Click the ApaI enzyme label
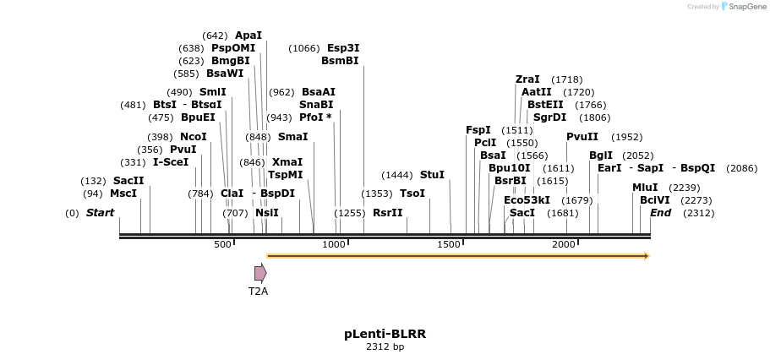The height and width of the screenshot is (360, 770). point(248,35)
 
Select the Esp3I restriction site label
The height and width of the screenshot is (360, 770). point(343,48)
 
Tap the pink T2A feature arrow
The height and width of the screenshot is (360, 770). point(260,273)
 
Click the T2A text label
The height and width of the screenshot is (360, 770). point(258,292)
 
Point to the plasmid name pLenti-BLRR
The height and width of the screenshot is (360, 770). point(385,334)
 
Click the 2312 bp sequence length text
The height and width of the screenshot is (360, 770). point(385,347)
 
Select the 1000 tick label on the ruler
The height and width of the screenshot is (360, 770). point(335,244)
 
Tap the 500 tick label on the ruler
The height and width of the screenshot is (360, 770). point(222,244)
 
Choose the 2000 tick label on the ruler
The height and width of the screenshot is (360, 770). point(564,244)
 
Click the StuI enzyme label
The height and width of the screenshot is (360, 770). point(432,175)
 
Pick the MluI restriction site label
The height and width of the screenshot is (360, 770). point(645,188)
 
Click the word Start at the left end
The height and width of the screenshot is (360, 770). point(100,213)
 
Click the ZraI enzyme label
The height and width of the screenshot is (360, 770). point(527,79)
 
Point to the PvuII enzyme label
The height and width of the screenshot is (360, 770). point(582,137)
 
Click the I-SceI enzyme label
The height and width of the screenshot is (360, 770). point(171,162)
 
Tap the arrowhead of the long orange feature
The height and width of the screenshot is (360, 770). point(646,255)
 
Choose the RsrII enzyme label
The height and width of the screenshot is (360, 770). point(388,213)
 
